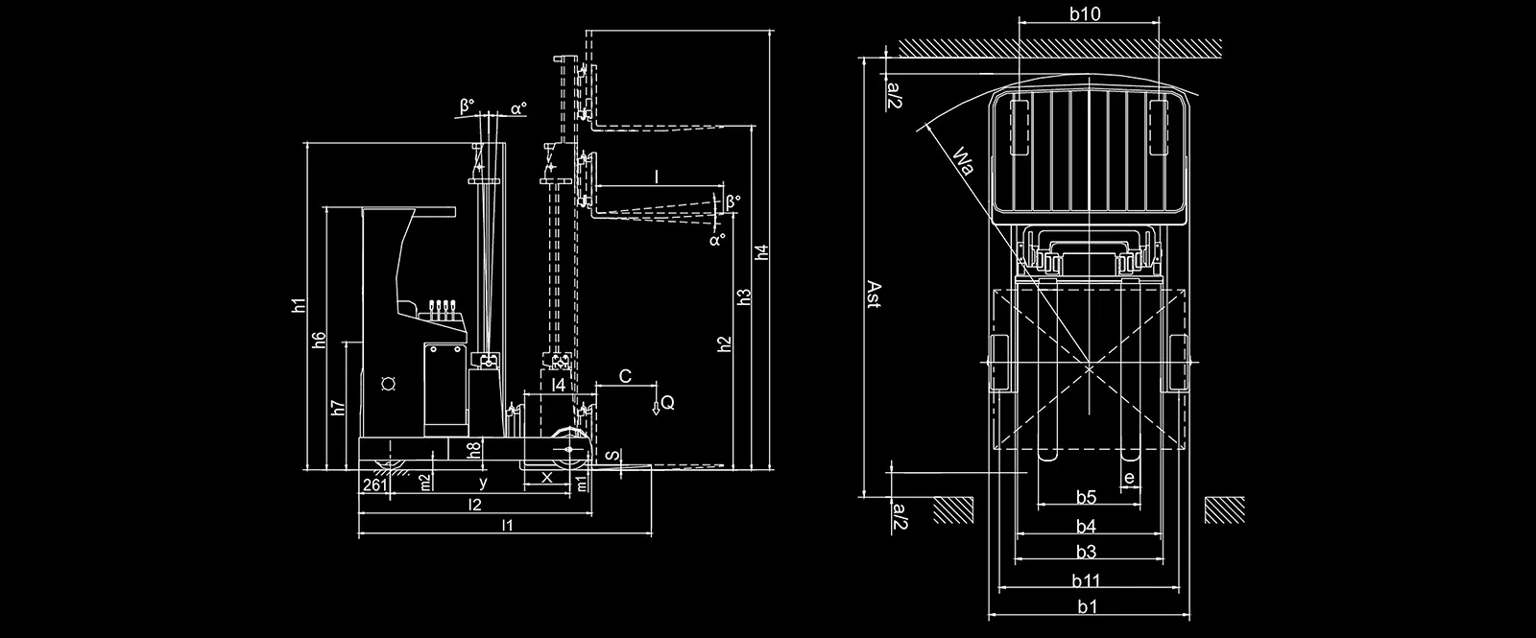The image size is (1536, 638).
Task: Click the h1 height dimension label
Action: coord(299,306)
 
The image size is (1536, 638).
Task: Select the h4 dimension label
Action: coord(762,252)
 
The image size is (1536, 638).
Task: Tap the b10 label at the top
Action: coord(1086,13)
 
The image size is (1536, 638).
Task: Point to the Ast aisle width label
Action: coord(873,295)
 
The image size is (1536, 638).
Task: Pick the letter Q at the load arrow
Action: coord(668,402)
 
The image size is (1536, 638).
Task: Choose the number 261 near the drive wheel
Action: coord(375,485)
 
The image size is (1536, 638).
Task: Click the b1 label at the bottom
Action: coord(1088,606)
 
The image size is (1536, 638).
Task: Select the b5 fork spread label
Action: coord(1086,498)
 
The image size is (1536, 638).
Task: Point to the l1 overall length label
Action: coord(507,526)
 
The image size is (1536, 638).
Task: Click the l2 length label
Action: coord(474,505)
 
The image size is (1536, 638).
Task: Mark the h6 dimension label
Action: coord(319,340)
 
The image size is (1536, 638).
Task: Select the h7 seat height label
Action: coord(338,408)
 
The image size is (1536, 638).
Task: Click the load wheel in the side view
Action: coord(570,450)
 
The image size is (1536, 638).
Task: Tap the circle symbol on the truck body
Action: coord(390,384)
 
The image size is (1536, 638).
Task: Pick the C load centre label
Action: coord(625,376)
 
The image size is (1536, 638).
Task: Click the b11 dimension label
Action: coord(1087,581)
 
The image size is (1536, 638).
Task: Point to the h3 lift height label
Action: coord(745,296)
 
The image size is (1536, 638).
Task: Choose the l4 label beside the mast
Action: coord(560,385)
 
